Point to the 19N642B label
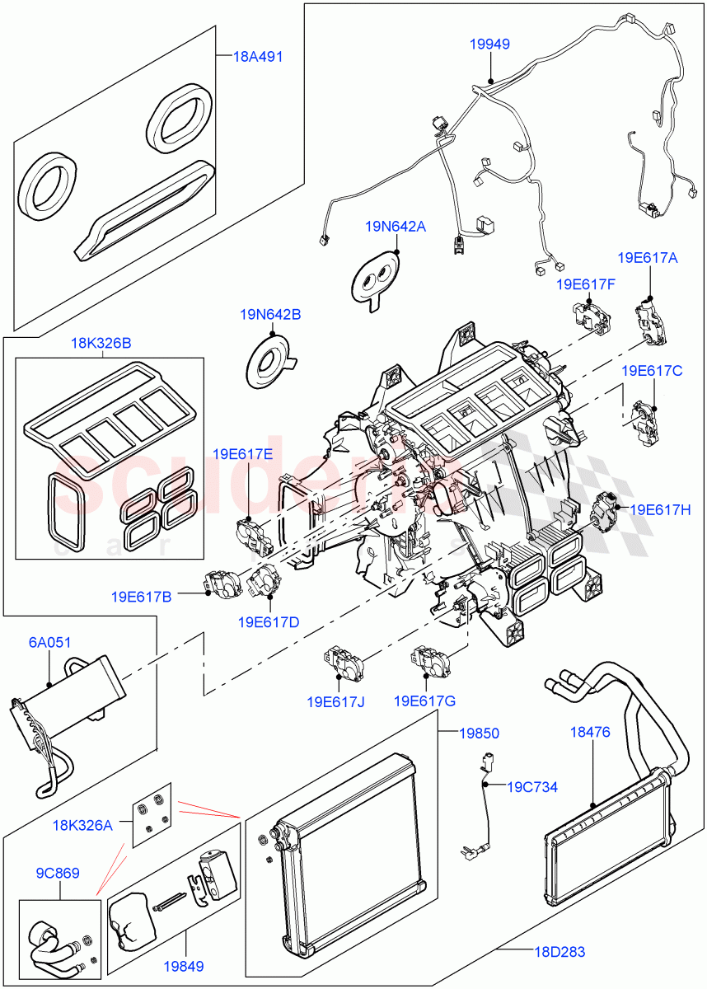[x=270, y=314]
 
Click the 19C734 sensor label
[x=531, y=787]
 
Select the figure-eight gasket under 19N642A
[x=375, y=279]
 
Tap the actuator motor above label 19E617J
[x=339, y=659]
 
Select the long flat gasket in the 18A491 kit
[x=144, y=211]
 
